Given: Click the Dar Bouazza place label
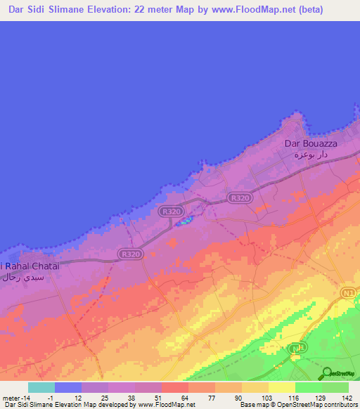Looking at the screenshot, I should click(310, 143).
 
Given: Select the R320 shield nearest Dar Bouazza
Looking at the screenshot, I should click(240, 198).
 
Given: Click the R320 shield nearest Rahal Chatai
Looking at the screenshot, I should click(129, 254).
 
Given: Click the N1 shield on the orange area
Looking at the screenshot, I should click(347, 292).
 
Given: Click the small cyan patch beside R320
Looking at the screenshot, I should click(184, 223).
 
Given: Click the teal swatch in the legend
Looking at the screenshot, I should click(41, 387).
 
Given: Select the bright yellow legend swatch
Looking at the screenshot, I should click(282, 387).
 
